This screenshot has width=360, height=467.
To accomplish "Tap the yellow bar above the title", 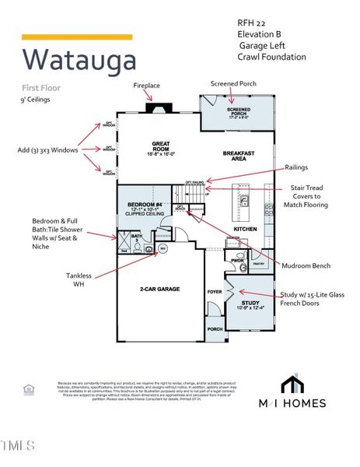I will click(x=76, y=37).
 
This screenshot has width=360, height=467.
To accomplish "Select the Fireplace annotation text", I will click(x=146, y=85).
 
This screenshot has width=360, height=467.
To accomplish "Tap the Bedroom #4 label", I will click(x=144, y=208).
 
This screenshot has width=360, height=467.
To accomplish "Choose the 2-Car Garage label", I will click(x=159, y=289).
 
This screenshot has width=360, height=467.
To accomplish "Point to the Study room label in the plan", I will click(x=250, y=304).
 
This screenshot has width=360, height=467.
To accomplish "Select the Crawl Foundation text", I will click(x=272, y=57).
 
